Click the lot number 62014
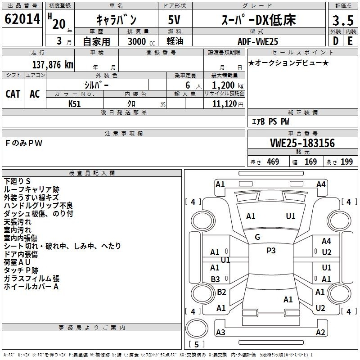[x=22, y=19]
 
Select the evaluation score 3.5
[x=343, y=20]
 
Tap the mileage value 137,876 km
[x=53, y=64]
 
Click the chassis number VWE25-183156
[x=302, y=143]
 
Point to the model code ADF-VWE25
[x=258, y=41]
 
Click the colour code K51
[x=74, y=104]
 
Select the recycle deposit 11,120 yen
[x=228, y=104]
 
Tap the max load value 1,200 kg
[x=228, y=85]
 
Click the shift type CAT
[x=13, y=94]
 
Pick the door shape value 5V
[x=174, y=20]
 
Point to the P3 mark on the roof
[x=271, y=251]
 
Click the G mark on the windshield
[x=257, y=237]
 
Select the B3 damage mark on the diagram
[x=215, y=279]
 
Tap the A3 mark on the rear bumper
[x=220, y=332]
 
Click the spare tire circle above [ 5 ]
[x=197, y=328]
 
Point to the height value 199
[x=346, y=162]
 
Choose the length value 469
[x=273, y=162]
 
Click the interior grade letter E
[x=350, y=41]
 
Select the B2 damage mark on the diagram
[x=221, y=292]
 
